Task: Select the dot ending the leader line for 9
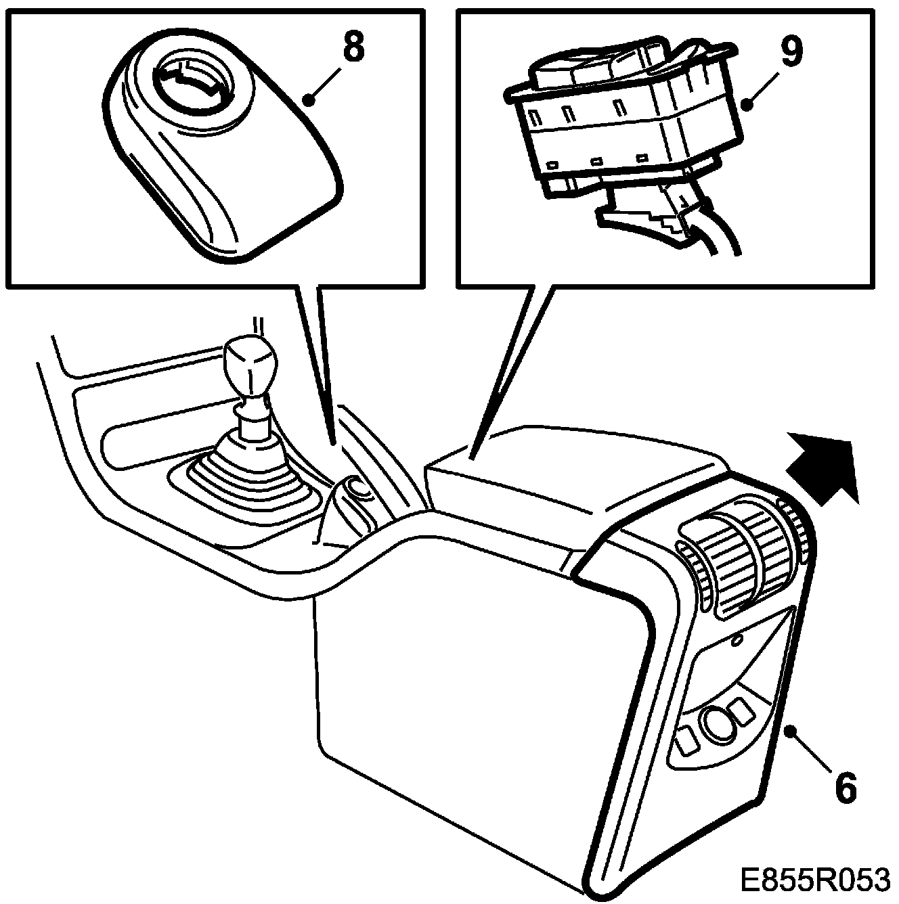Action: point(747,104)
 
